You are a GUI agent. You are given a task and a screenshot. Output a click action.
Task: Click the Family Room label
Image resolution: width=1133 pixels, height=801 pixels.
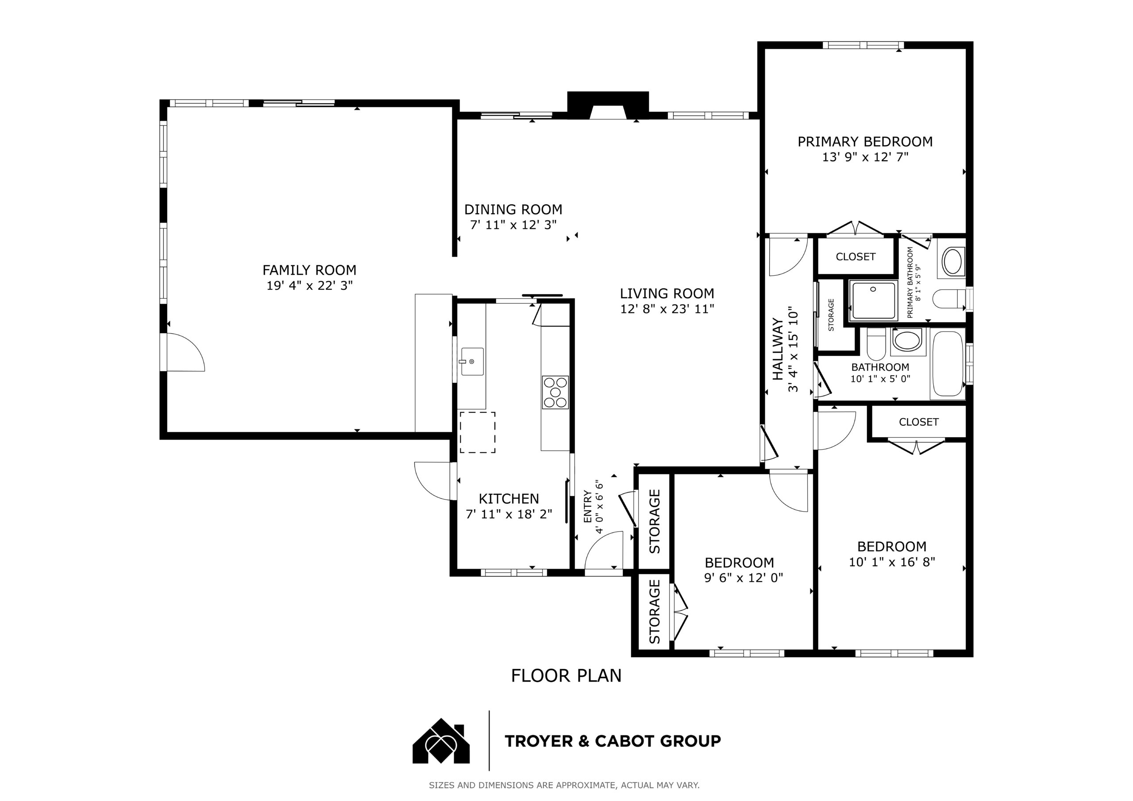(x=309, y=270)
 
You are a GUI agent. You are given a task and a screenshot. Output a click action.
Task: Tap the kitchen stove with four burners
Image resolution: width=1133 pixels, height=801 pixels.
(x=555, y=393)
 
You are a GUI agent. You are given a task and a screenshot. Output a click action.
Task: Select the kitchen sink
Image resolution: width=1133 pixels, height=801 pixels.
(x=472, y=362)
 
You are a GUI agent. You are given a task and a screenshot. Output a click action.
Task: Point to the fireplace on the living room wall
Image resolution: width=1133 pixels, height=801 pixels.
(x=608, y=106)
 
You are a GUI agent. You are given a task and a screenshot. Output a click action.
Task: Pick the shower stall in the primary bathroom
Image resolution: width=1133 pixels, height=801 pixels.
(x=872, y=300)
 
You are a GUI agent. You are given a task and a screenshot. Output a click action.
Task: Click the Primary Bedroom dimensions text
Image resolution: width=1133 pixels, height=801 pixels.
(x=865, y=158)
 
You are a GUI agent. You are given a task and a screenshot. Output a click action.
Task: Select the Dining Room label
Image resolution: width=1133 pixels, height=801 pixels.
(x=513, y=210)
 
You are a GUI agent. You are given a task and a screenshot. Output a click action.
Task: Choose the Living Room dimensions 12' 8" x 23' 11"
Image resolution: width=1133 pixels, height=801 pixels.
(x=667, y=309)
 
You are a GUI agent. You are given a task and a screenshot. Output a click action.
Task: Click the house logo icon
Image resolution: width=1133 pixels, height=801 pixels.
(x=441, y=741)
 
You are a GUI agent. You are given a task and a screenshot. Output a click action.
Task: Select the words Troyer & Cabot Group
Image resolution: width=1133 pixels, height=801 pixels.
(x=613, y=741)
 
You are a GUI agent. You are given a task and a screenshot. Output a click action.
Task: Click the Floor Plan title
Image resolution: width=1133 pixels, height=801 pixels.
(x=566, y=676)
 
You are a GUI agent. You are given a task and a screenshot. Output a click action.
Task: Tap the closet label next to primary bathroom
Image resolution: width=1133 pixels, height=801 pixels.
(x=856, y=257)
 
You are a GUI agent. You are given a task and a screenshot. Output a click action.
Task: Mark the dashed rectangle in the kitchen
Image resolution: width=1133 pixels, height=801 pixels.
(x=478, y=432)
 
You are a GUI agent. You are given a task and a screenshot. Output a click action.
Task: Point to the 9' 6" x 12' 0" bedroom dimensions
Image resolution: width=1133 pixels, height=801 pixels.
(x=743, y=578)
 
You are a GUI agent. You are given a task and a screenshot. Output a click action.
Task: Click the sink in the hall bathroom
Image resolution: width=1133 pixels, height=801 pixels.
(x=908, y=341)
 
